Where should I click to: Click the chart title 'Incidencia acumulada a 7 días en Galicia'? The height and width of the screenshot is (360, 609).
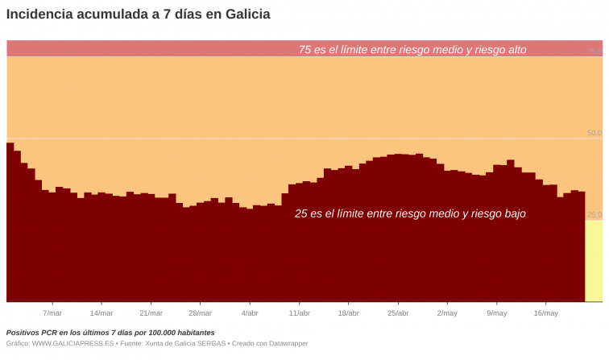point(139,14)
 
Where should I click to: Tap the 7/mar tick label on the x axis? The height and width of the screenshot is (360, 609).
point(52,313)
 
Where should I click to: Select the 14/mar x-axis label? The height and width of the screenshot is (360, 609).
point(101,313)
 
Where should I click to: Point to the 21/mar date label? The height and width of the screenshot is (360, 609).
point(151,313)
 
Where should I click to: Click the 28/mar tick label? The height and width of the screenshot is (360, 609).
point(200,313)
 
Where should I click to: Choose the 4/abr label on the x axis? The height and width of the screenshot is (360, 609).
point(250,313)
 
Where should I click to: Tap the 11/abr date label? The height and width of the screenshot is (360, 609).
point(299,313)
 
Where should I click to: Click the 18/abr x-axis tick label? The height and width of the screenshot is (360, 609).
point(348,313)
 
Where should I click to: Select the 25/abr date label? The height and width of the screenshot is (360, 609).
point(398,313)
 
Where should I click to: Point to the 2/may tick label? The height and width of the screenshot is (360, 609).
point(447,313)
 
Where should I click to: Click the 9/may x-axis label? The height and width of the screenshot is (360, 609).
point(497,313)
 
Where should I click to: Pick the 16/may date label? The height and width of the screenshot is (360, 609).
point(545,313)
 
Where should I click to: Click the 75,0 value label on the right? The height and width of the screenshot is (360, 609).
point(594,51)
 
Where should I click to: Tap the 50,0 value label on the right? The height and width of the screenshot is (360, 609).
point(594,133)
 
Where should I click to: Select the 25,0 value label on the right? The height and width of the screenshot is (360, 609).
point(594,215)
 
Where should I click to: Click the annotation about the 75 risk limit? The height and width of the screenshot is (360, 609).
point(412,50)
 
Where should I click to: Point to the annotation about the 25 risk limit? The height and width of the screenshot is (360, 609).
point(410,214)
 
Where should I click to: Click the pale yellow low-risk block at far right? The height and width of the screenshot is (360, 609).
point(594,262)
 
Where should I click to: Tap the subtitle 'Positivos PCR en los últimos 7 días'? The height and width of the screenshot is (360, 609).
point(110,333)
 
